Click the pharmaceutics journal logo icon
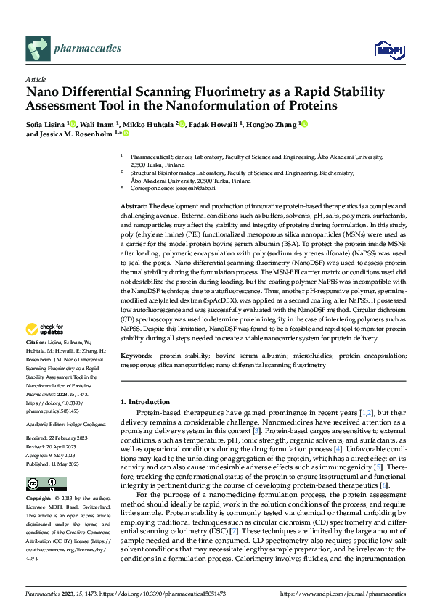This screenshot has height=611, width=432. [37, 49]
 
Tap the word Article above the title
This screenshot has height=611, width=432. [36, 79]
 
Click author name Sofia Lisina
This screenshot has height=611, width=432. [46, 124]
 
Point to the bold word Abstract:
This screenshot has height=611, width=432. [133, 207]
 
